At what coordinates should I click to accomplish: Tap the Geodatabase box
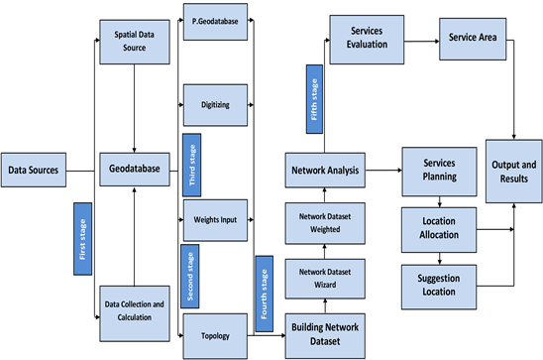(x=132, y=170)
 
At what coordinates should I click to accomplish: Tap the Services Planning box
(x=439, y=170)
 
